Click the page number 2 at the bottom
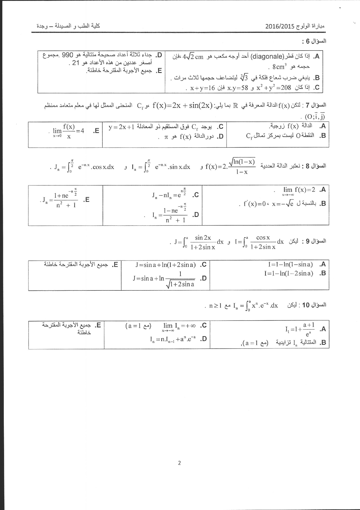pos(179,463)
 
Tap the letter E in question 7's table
pos(96,131)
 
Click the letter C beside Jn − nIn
pos(196,195)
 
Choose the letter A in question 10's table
pos(323,329)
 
